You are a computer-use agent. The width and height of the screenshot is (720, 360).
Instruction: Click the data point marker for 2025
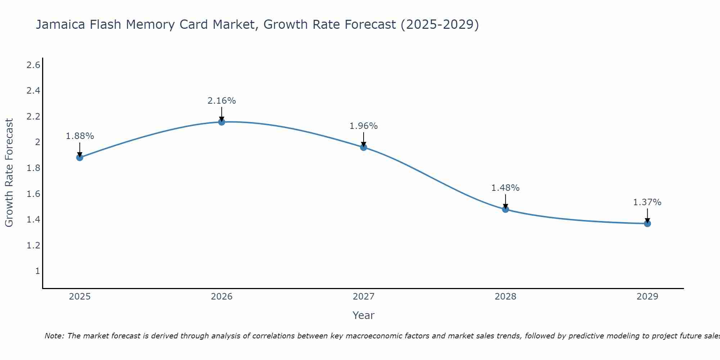tap(80, 157)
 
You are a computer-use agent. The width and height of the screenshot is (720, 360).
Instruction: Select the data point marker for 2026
tap(222, 122)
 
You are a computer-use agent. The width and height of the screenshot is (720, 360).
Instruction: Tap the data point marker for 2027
tap(364, 147)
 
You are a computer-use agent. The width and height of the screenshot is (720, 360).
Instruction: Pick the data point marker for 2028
tap(505, 209)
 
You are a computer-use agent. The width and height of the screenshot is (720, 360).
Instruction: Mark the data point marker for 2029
tap(647, 224)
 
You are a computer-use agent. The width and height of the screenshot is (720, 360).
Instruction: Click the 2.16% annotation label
tap(222, 101)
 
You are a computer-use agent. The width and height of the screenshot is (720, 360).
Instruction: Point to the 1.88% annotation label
tap(80, 136)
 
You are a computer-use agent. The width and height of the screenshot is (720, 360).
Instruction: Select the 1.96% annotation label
tap(364, 126)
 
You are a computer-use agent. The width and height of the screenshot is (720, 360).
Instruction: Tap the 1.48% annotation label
tap(505, 188)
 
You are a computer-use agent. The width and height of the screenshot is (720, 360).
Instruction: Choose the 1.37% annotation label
tap(647, 202)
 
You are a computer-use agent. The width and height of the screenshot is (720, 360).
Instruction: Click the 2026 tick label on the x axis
tap(222, 297)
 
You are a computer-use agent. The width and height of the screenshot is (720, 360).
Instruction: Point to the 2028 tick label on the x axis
tap(505, 297)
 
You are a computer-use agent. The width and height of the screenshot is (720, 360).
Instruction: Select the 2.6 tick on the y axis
tap(33, 65)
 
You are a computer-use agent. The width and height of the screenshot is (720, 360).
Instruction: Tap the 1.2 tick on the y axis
tap(33, 246)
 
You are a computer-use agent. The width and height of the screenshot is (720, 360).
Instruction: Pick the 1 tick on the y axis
tap(37, 271)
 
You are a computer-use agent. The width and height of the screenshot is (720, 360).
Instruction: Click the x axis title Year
tap(364, 315)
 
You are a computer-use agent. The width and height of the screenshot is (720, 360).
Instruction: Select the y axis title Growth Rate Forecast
tap(9, 173)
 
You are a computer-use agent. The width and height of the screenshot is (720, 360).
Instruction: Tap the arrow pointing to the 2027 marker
tap(364, 140)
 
